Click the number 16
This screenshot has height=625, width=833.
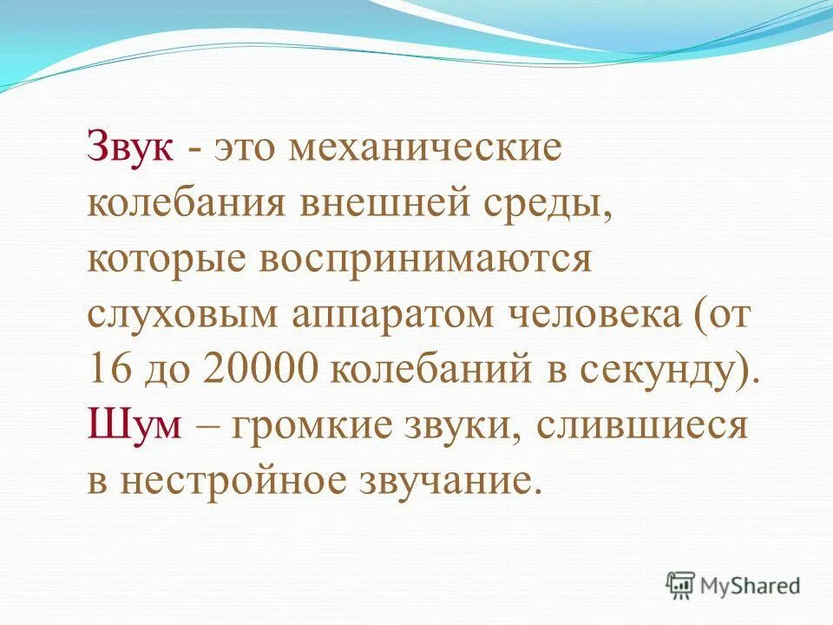coord(108,371)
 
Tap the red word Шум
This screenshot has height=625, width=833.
coord(134,426)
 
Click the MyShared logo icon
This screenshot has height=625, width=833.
coord(680,586)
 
